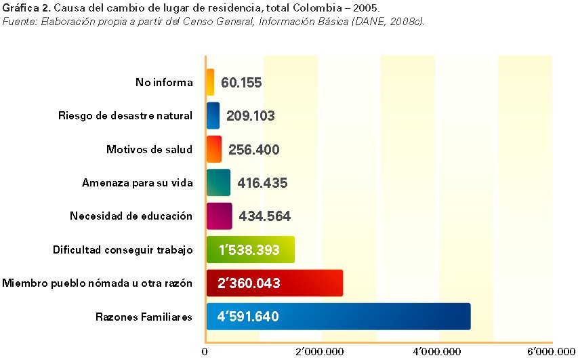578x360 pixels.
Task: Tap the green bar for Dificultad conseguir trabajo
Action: pyautogui.click(x=250, y=249)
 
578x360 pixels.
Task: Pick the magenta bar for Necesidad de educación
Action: pyautogui.click(x=219, y=216)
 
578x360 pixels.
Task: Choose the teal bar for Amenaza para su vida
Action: pyautogui.click(x=218, y=182)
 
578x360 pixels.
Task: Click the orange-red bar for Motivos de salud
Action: pyautogui.click(x=213, y=149)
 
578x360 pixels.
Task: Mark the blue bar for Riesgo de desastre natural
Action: pyautogui.click(x=213, y=116)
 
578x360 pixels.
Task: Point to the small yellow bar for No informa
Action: pyautogui.click(x=210, y=82)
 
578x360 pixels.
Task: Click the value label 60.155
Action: pyautogui.click(x=241, y=83)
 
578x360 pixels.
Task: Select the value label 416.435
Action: pyautogui.click(x=262, y=183)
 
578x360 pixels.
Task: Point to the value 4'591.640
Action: pyautogui.click(x=248, y=317)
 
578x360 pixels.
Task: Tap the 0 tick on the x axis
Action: pyautogui.click(x=205, y=351)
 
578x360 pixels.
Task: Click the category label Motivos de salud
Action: pyautogui.click(x=149, y=149)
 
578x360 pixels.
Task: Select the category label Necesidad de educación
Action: pyautogui.click(x=131, y=216)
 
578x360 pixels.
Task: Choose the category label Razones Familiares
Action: pyautogui.click(x=144, y=317)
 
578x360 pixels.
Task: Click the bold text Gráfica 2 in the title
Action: pyautogui.click(x=25, y=8)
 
